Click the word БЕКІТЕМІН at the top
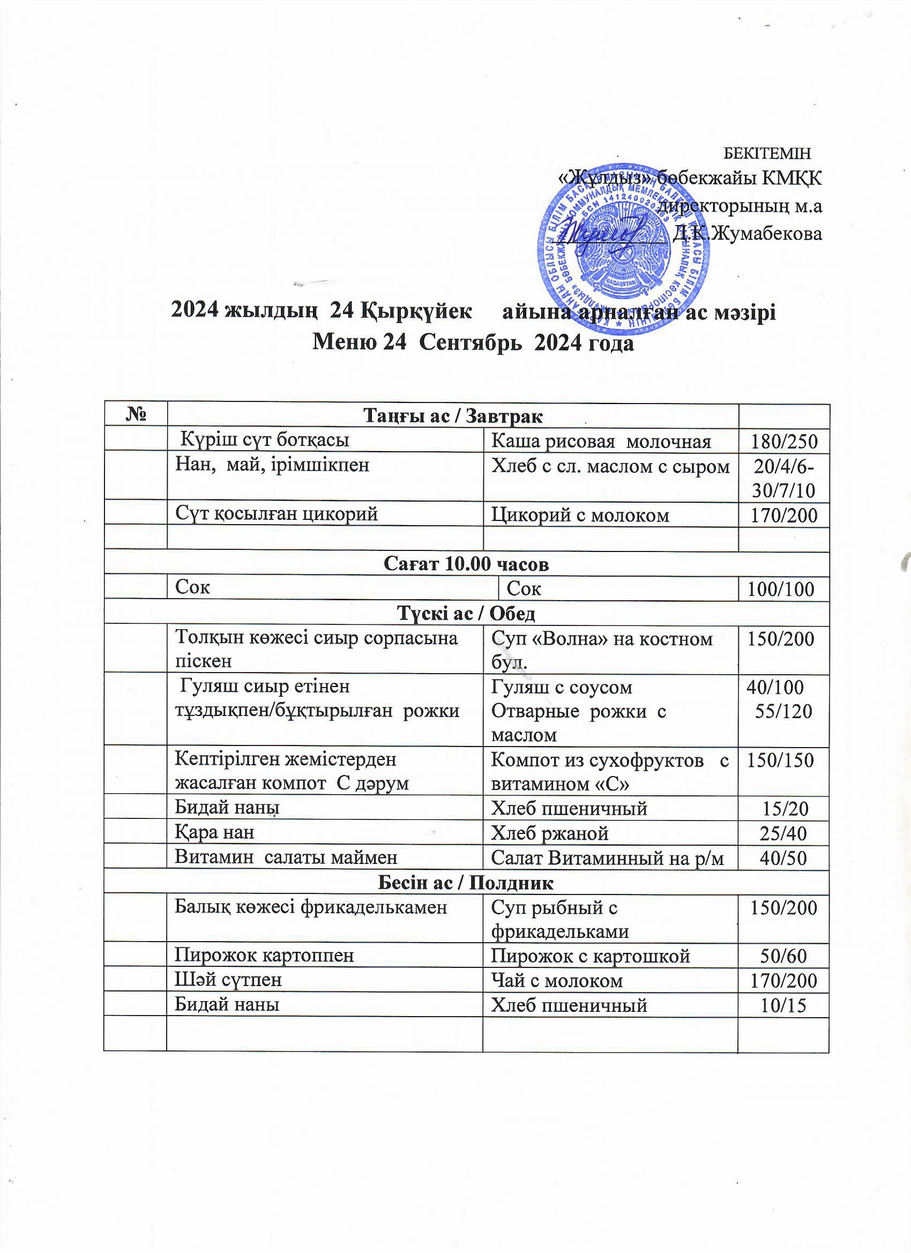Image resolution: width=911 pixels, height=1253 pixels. point(767,152)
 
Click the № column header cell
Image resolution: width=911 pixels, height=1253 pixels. point(136,415)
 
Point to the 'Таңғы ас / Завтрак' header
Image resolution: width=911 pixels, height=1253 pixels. point(452,416)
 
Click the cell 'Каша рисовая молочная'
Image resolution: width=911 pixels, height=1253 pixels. point(601,441)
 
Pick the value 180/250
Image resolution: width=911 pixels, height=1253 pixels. point(783,442)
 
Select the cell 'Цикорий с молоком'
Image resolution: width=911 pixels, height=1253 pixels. point(580,515)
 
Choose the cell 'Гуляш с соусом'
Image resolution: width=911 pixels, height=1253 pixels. point(562,687)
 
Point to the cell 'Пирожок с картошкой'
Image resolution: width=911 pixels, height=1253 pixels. point(591,955)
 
